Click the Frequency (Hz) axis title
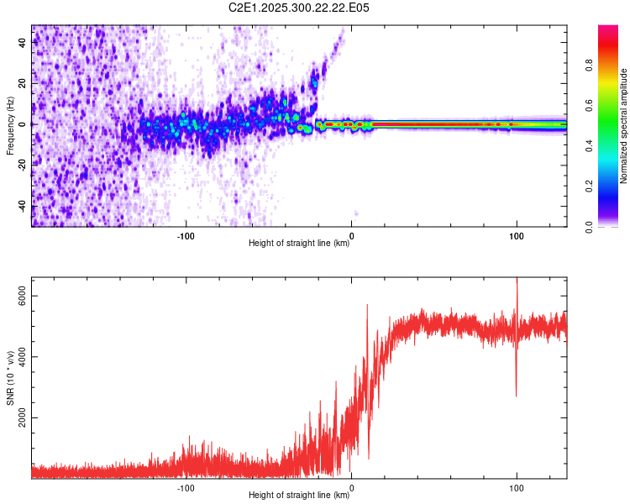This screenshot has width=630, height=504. coord(10,125)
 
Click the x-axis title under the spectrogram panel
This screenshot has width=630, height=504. coord(299,244)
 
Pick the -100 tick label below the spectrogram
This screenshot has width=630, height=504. coord(186,235)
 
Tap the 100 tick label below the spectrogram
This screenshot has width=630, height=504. coord(516,235)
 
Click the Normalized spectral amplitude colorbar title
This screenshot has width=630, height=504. coord(624,126)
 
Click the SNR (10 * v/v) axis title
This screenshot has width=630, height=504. coord(10,377)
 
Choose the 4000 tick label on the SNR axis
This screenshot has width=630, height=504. coord(23,356)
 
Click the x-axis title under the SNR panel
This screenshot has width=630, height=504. coord(299,496)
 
